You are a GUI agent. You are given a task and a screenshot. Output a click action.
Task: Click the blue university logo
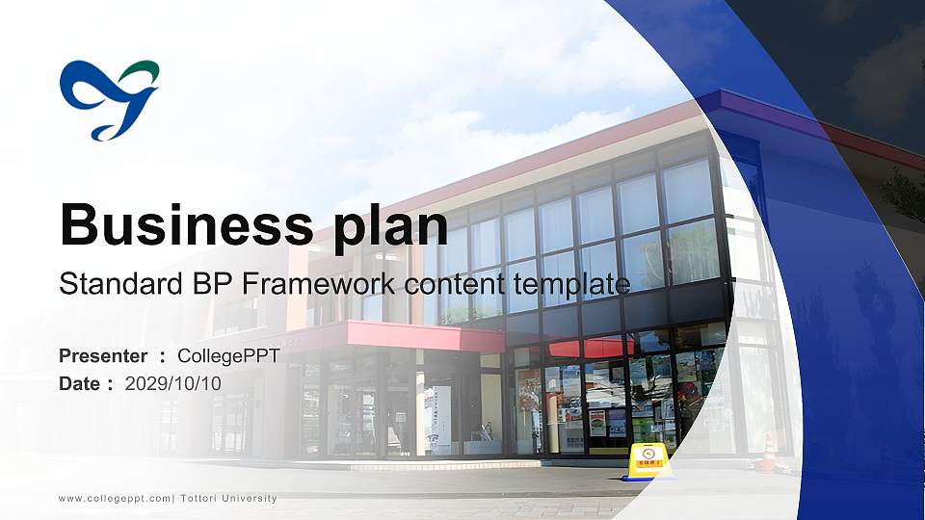108,99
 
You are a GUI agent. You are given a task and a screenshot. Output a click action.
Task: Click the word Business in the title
177,225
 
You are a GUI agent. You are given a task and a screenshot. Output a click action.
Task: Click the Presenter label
103,356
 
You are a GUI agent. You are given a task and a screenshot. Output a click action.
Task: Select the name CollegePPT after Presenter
228,356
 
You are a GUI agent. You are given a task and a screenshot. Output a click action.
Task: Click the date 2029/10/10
173,383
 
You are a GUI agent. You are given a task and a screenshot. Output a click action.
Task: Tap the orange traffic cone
768,452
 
